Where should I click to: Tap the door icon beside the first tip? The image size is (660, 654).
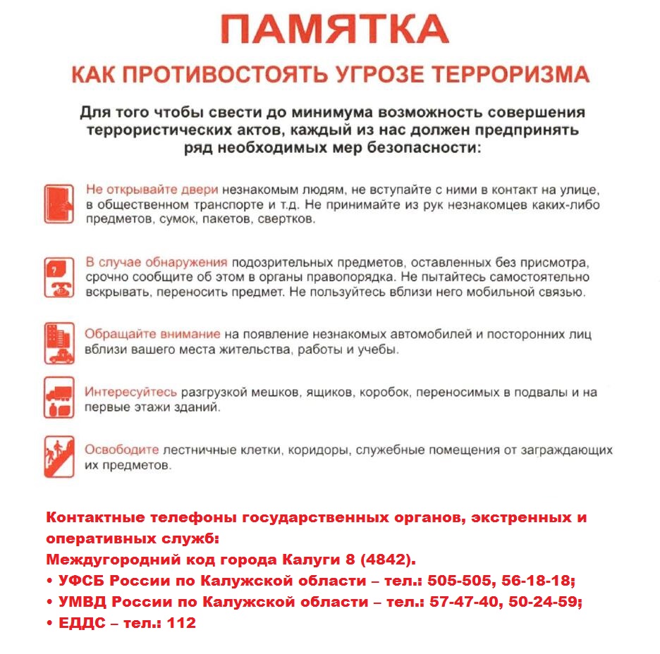[x=59, y=204]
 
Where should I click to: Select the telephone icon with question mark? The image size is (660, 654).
[x=59, y=277]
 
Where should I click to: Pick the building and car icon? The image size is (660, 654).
[x=59, y=343]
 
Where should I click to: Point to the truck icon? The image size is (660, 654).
[x=59, y=397]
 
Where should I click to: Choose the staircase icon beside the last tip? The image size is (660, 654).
[x=59, y=457]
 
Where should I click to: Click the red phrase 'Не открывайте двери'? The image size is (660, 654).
[x=152, y=190]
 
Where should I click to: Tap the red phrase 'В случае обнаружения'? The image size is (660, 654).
[x=156, y=262]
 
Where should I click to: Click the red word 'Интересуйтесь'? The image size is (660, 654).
[x=131, y=392]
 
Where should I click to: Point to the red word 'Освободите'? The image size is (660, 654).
[x=122, y=450]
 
